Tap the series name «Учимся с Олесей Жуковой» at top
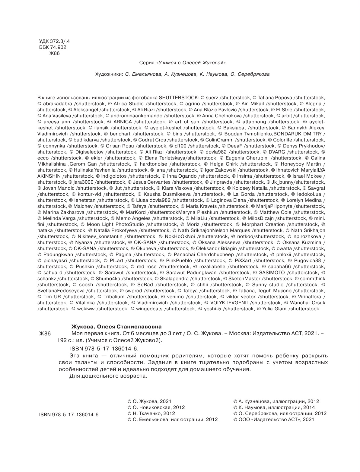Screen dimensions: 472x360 coord(191,63)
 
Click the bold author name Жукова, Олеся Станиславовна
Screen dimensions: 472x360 coord(116,327)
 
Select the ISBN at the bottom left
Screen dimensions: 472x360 coord(69,415)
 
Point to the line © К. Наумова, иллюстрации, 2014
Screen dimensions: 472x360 coord(274,407)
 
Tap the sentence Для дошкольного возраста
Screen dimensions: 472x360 coord(108,376)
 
